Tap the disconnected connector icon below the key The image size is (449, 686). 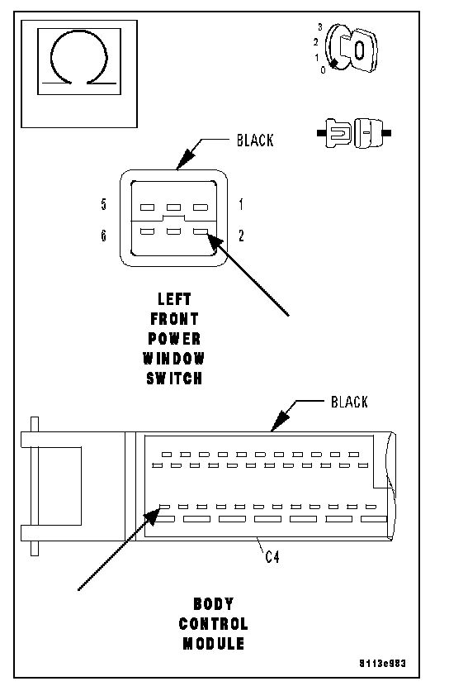tap(354, 132)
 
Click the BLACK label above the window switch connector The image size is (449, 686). tap(255, 141)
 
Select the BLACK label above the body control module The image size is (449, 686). tap(349, 402)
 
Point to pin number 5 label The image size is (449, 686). tap(103, 204)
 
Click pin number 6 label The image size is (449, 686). tap(103, 236)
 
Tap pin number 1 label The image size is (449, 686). tap(241, 204)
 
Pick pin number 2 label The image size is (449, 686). tap(241, 236)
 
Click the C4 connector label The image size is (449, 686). tap(272, 557)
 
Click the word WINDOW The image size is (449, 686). tap(173, 359)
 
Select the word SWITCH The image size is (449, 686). tap(174, 378)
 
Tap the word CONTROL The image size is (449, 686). tap(213, 623)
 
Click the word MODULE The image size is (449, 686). tap(213, 643)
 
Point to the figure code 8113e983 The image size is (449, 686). tap(383, 663)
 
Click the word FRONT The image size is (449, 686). tap(174, 319)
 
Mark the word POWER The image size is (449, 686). tap(174, 339)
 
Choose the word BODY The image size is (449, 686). tap(213, 603)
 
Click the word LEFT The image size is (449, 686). tap(174, 299)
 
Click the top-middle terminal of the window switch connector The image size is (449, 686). tap(173, 207)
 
